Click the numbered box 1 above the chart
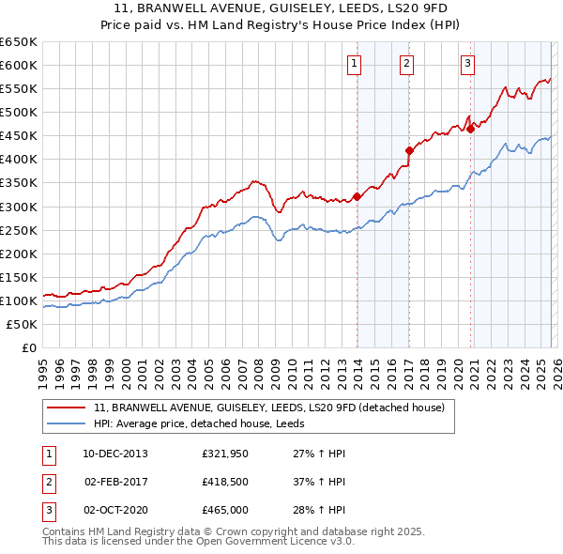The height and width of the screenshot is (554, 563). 355,64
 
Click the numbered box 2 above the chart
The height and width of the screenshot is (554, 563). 407,64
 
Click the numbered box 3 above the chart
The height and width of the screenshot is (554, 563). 467,64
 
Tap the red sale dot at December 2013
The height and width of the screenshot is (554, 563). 358,196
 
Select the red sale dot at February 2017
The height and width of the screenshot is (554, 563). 409,150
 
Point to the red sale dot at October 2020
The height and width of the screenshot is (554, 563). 471,129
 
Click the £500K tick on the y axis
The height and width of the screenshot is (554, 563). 19,112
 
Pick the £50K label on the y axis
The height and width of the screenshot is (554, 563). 23,324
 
